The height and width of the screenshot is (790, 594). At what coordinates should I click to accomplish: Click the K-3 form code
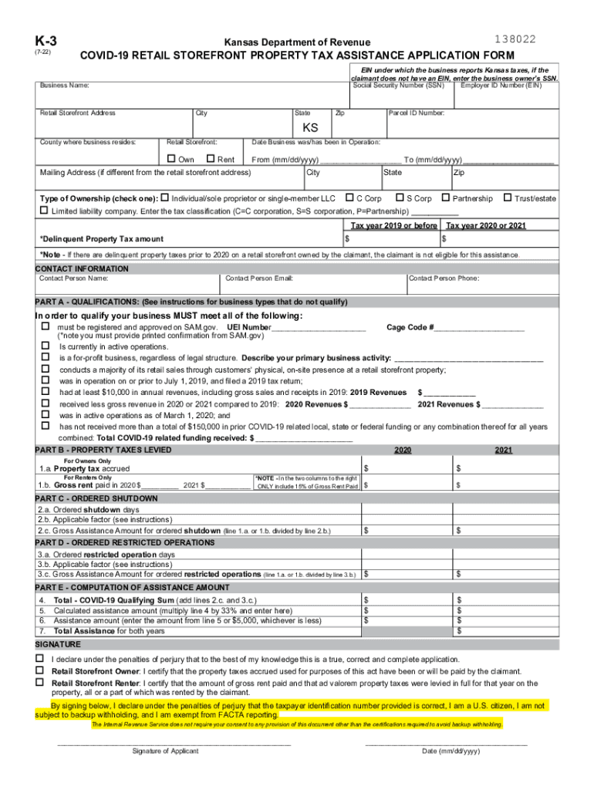pyautogui.click(x=45, y=41)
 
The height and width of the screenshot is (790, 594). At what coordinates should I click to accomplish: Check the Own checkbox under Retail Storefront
pyautogui.click(x=171, y=159)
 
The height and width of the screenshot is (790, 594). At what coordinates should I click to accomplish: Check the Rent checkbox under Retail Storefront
pyautogui.click(x=211, y=159)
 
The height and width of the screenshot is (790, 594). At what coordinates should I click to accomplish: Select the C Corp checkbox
pyautogui.click(x=349, y=198)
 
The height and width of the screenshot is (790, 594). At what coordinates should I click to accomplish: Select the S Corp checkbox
pyautogui.click(x=400, y=198)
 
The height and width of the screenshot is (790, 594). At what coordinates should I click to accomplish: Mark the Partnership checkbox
pyautogui.click(x=446, y=198)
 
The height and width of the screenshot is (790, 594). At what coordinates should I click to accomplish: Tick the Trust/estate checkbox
pyautogui.click(x=507, y=198)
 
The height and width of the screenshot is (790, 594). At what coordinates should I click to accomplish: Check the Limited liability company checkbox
pyautogui.click(x=44, y=211)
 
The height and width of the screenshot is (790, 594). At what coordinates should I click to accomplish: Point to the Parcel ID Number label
pyautogui.click(x=416, y=113)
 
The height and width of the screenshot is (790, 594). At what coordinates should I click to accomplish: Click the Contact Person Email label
pyautogui.click(x=258, y=278)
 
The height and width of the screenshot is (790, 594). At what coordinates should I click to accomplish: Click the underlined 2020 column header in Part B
pyautogui.click(x=403, y=450)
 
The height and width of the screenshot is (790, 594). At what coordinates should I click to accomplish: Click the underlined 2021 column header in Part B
pyautogui.click(x=504, y=450)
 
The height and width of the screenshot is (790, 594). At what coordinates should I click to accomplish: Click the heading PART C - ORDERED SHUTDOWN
pyautogui.click(x=96, y=498)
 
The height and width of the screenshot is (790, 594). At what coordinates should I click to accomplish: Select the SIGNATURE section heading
pyautogui.click(x=58, y=643)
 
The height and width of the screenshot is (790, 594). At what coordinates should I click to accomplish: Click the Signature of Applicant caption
pyautogui.click(x=165, y=751)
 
